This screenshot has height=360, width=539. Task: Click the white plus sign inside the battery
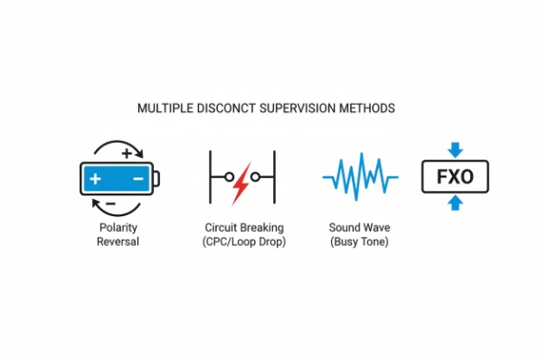click(96, 179)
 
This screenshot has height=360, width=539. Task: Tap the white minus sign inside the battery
click(137, 179)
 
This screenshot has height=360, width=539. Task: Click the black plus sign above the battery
click(126, 153)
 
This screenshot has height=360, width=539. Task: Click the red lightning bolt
click(241, 181)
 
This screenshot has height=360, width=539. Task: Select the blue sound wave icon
click(359, 176)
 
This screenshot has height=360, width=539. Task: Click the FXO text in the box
click(455, 176)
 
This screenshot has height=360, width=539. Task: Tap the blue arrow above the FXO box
click(455, 149)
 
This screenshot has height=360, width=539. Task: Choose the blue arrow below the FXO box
click(455, 204)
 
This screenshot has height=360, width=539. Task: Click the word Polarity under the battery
click(118, 229)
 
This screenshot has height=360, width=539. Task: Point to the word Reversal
click(118, 242)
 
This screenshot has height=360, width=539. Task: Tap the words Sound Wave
click(359, 229)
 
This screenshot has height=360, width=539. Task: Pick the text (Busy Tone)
click(359, 242)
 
